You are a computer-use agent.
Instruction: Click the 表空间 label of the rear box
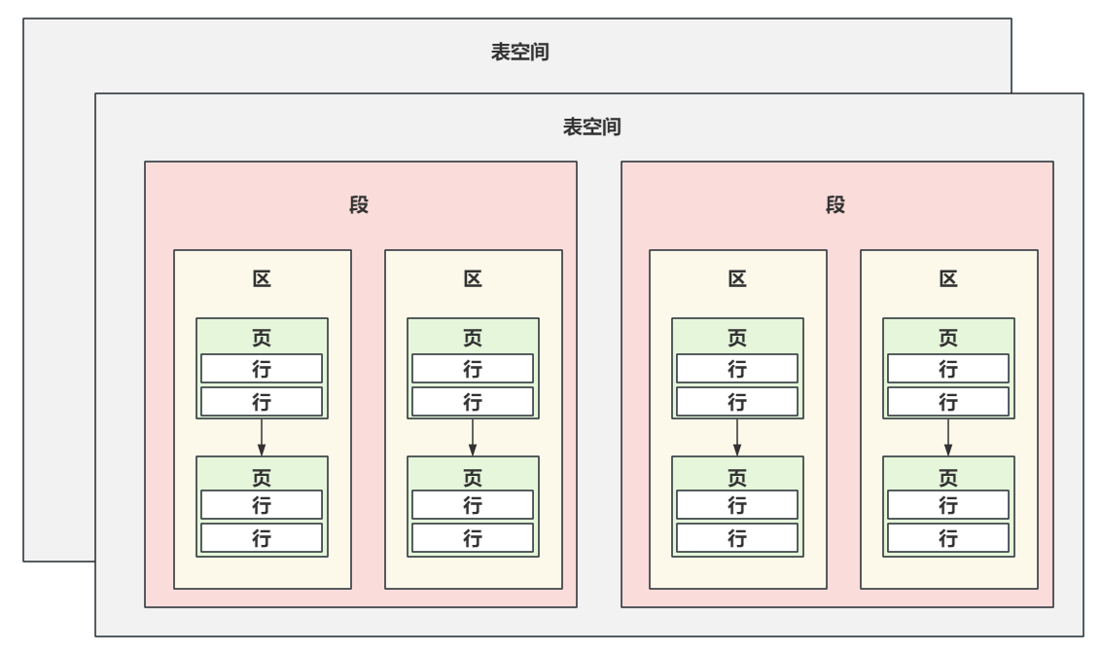pos(521,53)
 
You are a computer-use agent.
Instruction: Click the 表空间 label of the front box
pos(592,127)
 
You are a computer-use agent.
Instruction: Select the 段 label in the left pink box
pos(360,205)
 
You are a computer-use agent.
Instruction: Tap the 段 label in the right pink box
pos(835,205)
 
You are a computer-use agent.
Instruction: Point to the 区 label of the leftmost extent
pos(262,279)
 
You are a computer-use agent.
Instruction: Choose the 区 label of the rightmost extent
pos(948,279)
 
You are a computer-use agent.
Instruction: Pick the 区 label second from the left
pos(473,279)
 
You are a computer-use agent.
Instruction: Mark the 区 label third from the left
pos(737,279)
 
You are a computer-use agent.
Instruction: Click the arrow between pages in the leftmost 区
pos(262,437)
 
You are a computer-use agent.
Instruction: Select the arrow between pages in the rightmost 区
pos(948,437)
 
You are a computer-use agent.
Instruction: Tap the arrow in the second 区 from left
pos(473,437)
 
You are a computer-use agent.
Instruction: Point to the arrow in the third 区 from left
pos(737,437)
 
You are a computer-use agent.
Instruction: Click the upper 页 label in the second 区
pos(473,338)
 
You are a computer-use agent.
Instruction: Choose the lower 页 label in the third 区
pos(737,476)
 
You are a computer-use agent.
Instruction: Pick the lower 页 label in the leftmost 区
pos(262,476)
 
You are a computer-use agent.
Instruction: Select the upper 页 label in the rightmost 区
pos(948,338)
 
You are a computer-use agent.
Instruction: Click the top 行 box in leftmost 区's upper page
pos(262,369)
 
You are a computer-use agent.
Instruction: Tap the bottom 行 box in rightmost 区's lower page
pos(948,538)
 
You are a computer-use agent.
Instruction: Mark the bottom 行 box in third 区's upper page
pos(737,401)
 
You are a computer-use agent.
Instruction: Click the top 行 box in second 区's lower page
pos(473,505)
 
